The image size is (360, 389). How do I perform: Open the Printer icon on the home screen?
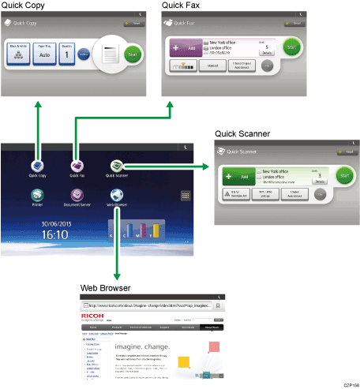[x=37, y=195]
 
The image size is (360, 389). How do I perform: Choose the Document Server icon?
[x=77, y=195]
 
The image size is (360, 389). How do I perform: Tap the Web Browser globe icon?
[x=116, y=195]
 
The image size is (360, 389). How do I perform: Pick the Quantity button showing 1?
[x=67, y=54]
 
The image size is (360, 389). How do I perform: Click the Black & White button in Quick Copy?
[x=17, y=54]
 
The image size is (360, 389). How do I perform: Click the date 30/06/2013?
[x=55, y=222]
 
